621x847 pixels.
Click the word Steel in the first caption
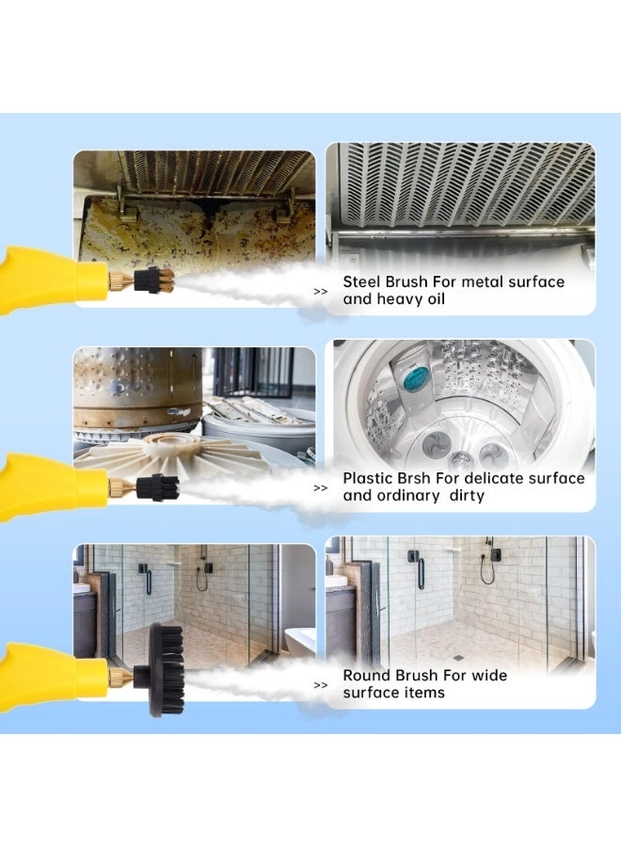362,281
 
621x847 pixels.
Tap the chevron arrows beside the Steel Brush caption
321,292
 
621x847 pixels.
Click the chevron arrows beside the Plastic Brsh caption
321,488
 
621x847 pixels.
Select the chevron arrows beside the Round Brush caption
321,685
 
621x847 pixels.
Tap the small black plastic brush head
157,487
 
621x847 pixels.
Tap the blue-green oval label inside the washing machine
416,376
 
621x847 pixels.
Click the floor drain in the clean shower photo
458,658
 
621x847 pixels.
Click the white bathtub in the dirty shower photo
300,642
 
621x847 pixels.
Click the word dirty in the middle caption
467,495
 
